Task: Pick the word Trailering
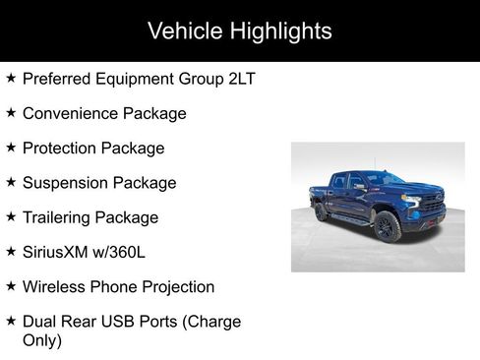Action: tap(59, 217)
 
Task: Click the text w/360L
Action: tap(126, 252)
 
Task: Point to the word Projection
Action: tap(177, 286)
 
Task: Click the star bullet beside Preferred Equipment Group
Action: tap(10, 78)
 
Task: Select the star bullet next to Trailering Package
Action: tap(10, 216)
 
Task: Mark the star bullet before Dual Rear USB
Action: tap(10, 321)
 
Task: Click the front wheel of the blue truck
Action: tap(387, 226)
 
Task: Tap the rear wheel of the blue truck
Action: tap(322, 212)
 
